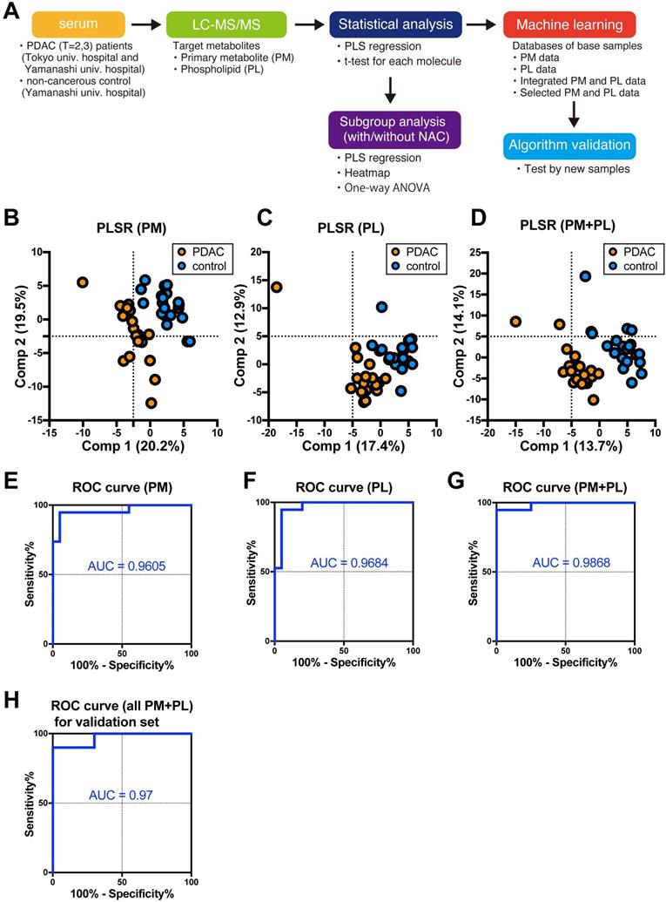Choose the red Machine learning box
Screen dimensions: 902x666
tap(573, 23)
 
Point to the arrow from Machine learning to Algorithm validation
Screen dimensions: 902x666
tap(574, 112)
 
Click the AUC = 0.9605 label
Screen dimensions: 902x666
tap(125, 567)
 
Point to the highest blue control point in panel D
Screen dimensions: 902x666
tap(586, 276)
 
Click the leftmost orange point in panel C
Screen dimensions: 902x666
tap(277, 287)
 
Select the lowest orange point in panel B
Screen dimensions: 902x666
tap(151, 403)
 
